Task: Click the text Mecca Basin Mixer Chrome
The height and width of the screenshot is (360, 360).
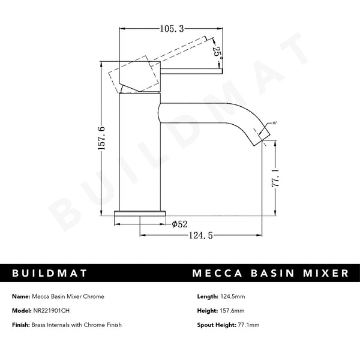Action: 68,296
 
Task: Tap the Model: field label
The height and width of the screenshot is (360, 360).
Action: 20,311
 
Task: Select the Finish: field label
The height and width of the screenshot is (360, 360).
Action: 20,325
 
